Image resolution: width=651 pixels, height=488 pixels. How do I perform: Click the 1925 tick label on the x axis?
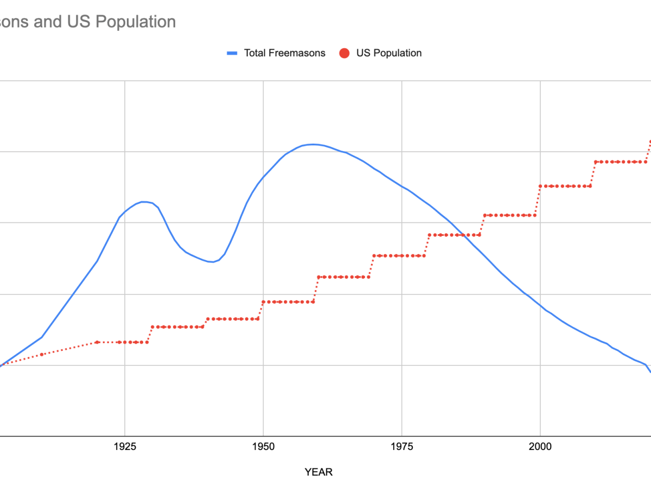point(125,446)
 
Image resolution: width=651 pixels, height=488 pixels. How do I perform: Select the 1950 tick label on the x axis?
point(263,446)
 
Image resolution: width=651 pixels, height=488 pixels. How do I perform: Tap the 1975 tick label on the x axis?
point(401,446)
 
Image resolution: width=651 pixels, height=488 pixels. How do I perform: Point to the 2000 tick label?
point(540,446)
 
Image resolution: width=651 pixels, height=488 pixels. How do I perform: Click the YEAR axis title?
point(318,472)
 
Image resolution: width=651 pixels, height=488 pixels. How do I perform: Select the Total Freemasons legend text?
point(284,53)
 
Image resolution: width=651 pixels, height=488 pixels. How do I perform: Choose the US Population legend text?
point(388,53)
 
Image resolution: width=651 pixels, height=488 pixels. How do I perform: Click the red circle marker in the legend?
point(344,53)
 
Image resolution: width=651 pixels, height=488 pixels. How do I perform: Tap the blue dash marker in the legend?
point(233,53)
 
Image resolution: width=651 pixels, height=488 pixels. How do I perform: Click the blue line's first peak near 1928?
point(144,202)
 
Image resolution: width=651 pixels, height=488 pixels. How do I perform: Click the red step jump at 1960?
point(316,289)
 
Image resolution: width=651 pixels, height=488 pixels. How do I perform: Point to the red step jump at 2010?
point(593,174)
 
